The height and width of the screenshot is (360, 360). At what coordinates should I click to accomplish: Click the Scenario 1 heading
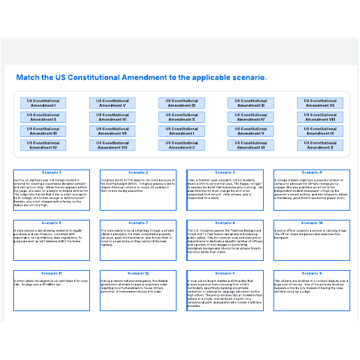[52, 172]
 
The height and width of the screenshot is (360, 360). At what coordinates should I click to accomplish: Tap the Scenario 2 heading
[138, 172]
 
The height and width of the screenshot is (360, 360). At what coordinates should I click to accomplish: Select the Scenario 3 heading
[225, 172]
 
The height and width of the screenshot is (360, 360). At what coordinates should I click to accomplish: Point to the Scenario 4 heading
[311, 172]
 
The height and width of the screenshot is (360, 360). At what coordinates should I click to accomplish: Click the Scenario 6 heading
[52, 223]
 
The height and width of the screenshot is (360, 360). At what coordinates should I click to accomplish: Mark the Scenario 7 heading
[138, 223]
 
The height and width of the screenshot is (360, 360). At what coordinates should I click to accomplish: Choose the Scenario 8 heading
[225, 223]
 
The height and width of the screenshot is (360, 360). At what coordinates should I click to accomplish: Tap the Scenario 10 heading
[311, 223]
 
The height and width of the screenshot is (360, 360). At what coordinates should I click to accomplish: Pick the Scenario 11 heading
[52, 273]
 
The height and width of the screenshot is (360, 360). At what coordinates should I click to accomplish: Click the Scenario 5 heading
[225, 273]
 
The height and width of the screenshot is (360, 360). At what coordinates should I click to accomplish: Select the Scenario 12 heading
[138, 273]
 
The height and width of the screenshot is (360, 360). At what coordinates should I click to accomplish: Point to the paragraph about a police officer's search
[311, 233]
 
